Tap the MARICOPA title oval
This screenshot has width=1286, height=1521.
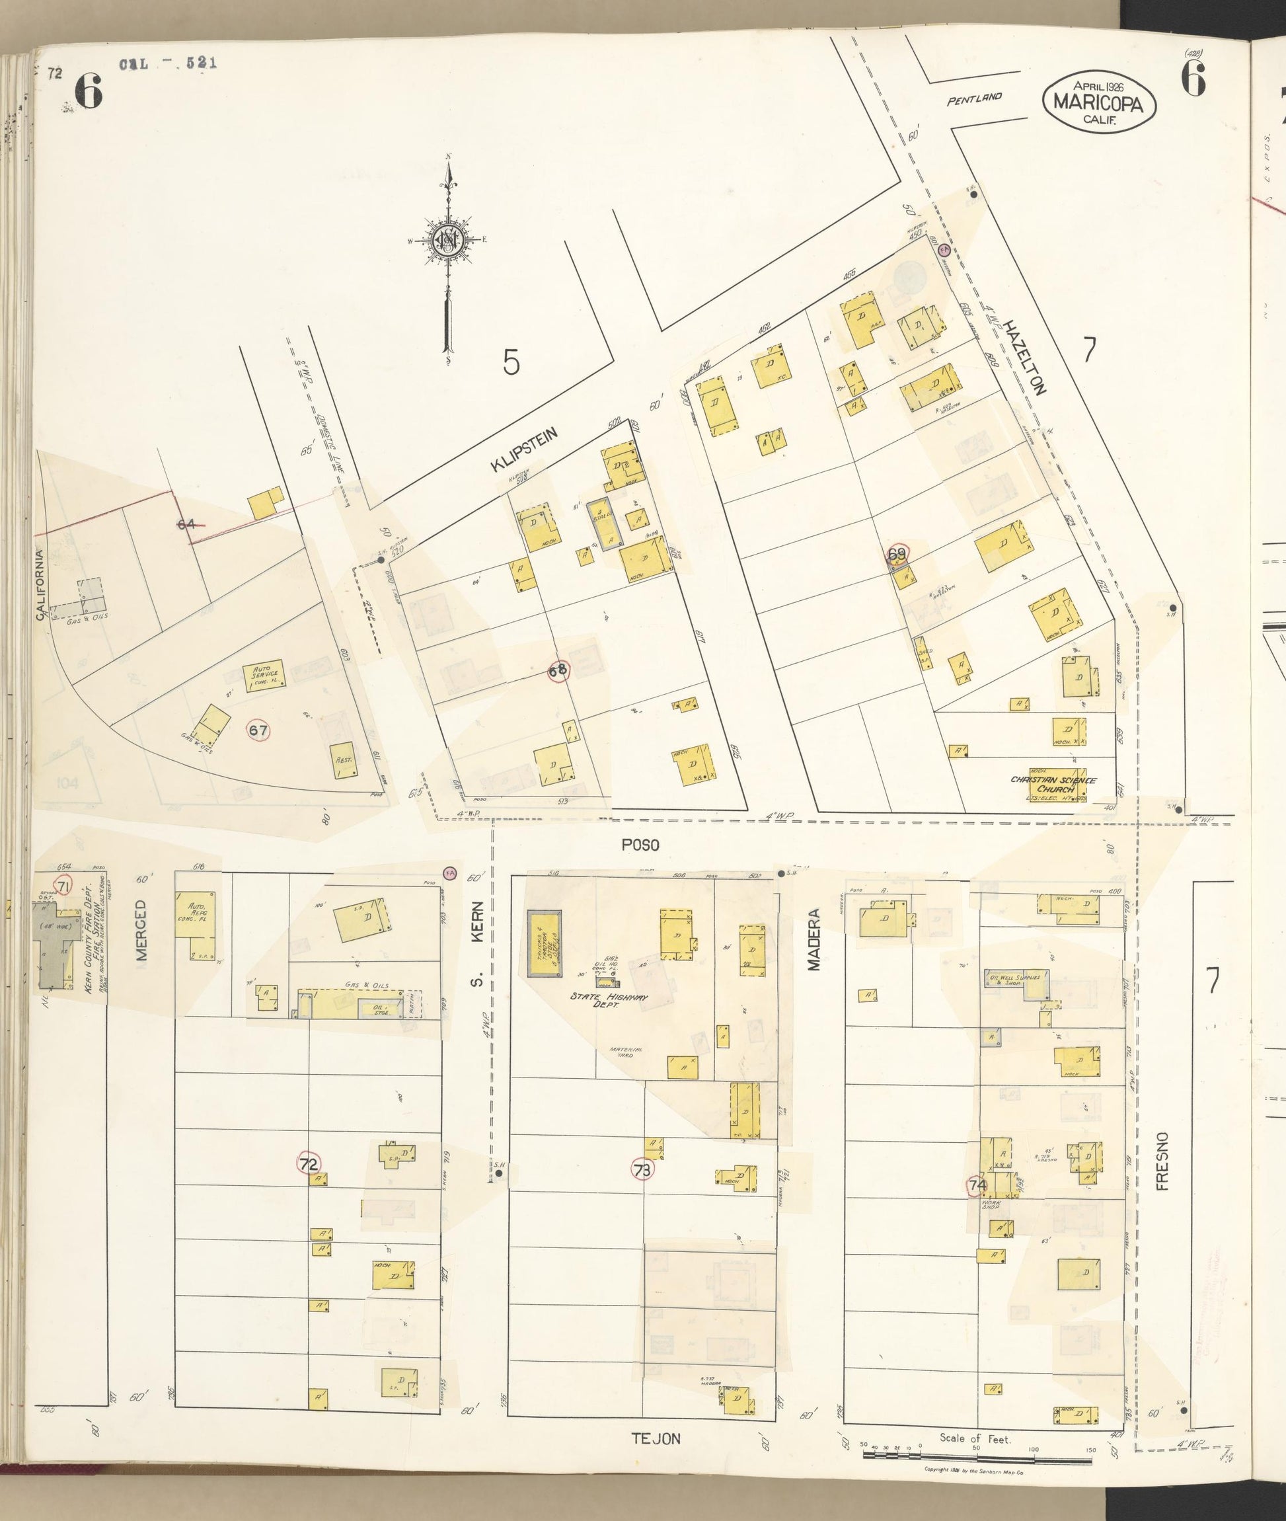tap(1100, 104)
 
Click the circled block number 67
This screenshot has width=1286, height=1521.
tap(258, 730)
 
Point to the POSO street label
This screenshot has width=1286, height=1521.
tap(640, 844)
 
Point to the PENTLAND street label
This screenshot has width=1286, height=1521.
tap(974, 98)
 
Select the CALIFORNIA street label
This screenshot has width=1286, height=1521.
tap(40, 585)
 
